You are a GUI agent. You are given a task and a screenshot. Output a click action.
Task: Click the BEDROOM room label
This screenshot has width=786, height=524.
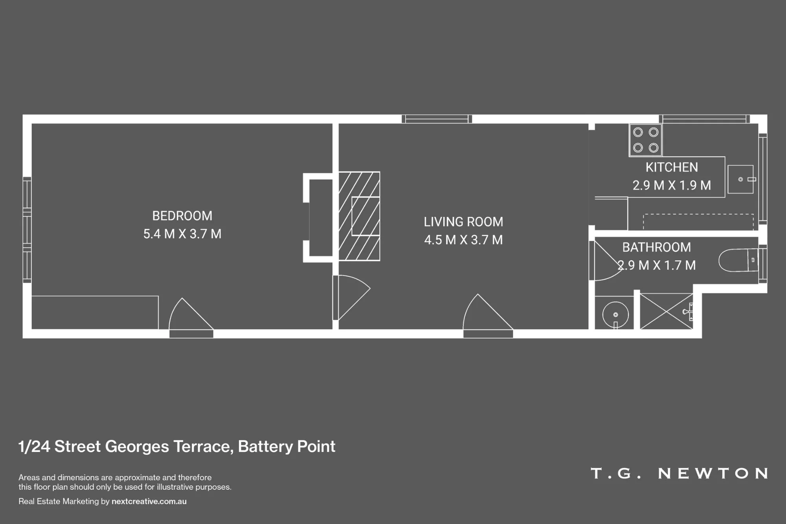[182, 216]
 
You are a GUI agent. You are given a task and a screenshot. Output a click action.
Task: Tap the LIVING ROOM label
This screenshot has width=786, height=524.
[463, 222]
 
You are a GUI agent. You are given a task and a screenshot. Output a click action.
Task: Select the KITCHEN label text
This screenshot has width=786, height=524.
[672, 167]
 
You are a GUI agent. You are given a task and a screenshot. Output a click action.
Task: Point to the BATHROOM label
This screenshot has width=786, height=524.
[656, 247]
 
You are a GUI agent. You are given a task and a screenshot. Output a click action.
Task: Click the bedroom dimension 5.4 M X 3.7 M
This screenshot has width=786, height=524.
[182, 234]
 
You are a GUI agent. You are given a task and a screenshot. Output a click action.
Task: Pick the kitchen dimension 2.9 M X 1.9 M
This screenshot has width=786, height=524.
[672, 185]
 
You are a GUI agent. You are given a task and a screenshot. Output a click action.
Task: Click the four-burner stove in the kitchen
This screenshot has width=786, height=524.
[645, 140]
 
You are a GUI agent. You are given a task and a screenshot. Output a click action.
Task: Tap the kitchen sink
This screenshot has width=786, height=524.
[741, 179]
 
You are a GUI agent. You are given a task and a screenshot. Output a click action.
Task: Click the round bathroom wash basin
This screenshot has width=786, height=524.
[615, 314]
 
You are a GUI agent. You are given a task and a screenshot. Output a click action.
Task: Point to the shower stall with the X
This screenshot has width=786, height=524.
[667, 311]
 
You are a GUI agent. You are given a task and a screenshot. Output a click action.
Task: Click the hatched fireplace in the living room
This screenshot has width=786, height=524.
[359, 216]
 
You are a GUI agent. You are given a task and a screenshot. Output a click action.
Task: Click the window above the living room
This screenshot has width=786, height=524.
[437, 119]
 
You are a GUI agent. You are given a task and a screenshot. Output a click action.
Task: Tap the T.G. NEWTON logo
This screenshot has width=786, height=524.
[679, 473]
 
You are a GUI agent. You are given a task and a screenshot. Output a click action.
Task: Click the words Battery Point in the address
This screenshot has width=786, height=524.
[286, 447]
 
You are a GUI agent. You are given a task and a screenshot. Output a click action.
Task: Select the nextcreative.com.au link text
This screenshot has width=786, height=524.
[149, 501]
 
